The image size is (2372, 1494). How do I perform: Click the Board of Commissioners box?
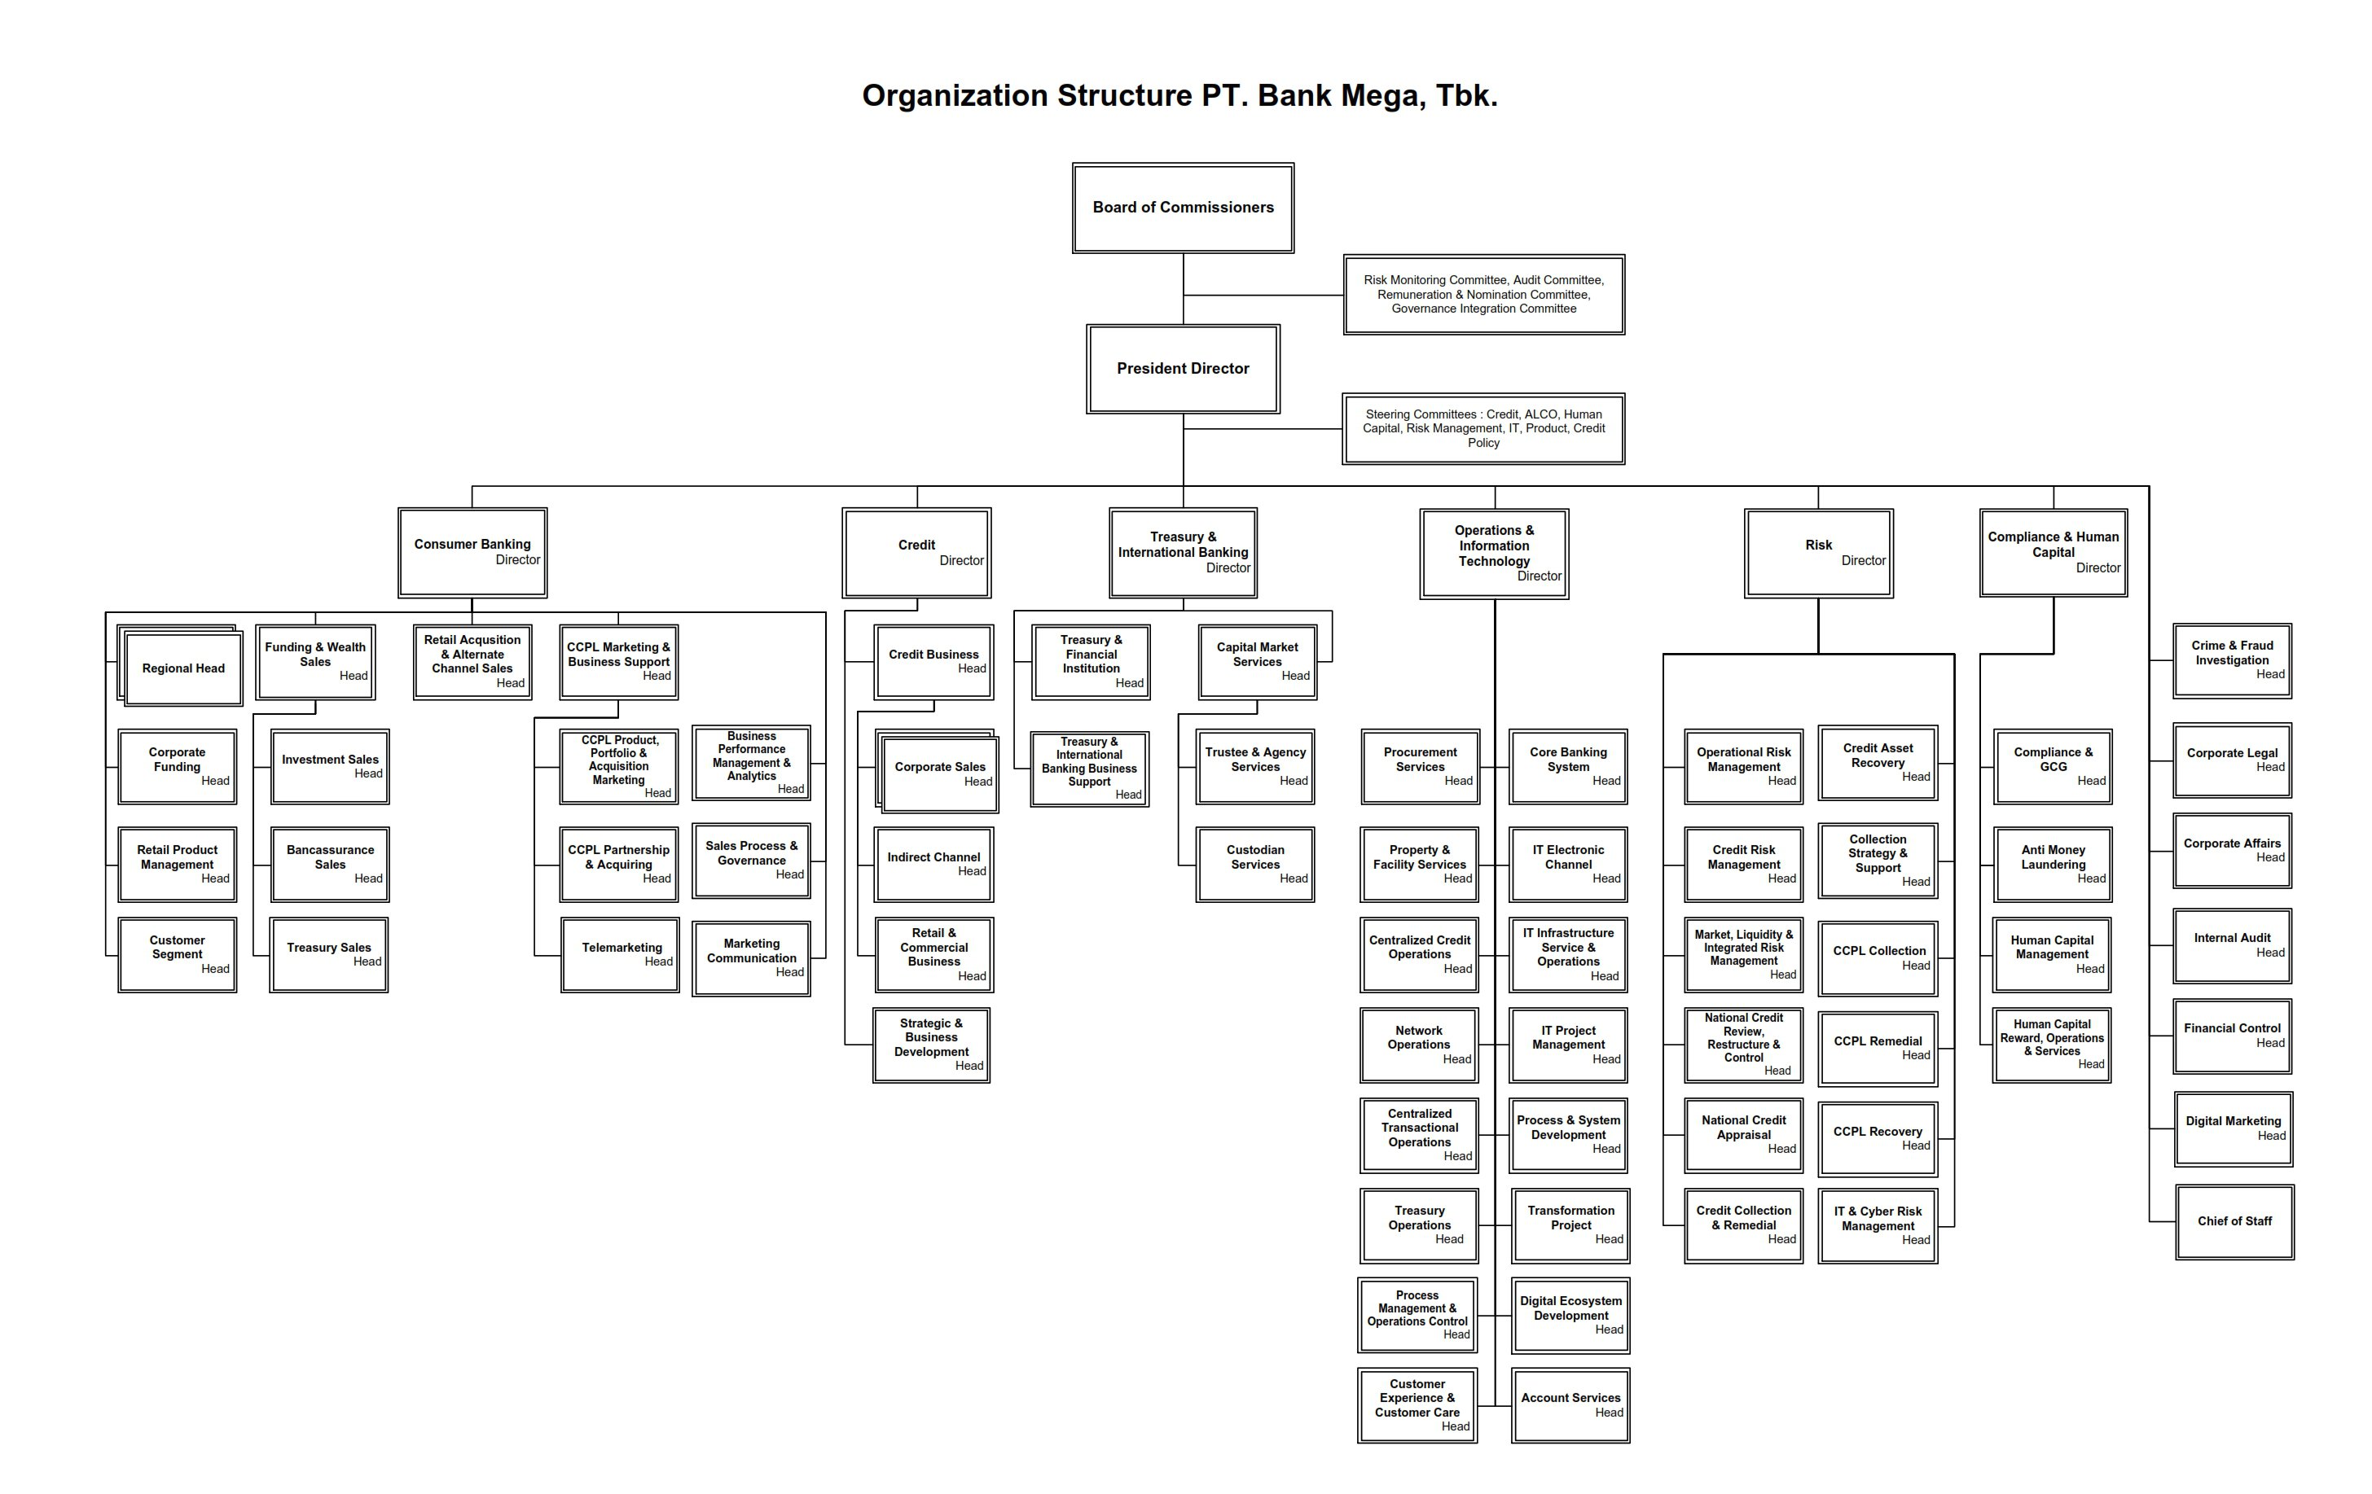1182,208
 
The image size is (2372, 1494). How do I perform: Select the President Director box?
1182,368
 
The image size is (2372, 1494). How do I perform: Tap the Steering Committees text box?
1482,428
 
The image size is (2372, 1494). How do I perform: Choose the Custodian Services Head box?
1255,864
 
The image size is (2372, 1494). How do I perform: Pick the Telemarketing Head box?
620,953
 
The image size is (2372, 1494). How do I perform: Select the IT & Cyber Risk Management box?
1877,1225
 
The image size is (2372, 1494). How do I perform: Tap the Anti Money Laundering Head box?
2052,864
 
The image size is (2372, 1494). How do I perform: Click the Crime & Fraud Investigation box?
2231,659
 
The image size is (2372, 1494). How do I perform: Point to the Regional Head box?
183,668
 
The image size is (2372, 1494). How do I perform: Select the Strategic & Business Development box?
931,1044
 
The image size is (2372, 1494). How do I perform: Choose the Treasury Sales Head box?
329,953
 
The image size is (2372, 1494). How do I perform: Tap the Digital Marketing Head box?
2232,1128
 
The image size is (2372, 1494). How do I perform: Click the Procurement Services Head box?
1420,765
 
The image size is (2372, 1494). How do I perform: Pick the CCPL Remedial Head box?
1877,1047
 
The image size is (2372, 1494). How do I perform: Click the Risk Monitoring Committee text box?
1482,295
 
